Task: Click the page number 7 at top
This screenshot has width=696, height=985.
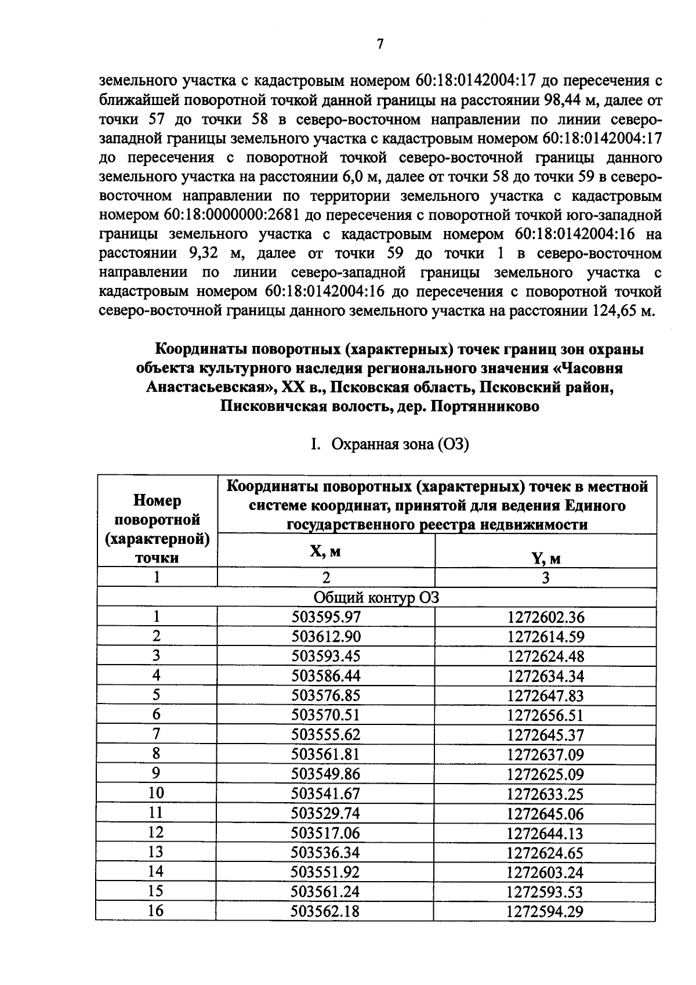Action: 380,44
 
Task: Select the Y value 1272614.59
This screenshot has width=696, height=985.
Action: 545,637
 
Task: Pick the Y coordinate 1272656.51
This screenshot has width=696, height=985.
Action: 545,715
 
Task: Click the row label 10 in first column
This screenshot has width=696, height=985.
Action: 156,793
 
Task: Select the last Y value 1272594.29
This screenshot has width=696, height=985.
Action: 545,911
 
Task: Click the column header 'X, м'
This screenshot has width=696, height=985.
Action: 325,551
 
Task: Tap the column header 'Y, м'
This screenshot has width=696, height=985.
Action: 545,558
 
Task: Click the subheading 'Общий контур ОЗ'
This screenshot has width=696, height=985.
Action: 376,597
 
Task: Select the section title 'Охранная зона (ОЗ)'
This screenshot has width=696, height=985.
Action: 399,445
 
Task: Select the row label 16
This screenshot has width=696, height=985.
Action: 156,911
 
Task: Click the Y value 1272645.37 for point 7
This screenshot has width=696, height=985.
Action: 545,735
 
